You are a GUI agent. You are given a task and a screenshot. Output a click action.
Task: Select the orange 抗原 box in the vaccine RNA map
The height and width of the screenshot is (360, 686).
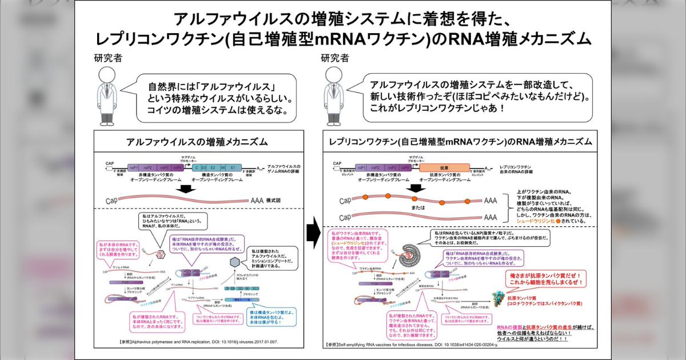(x=444, y=167)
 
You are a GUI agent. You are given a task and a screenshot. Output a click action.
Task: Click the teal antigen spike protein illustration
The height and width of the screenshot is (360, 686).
(x=499, y=297)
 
